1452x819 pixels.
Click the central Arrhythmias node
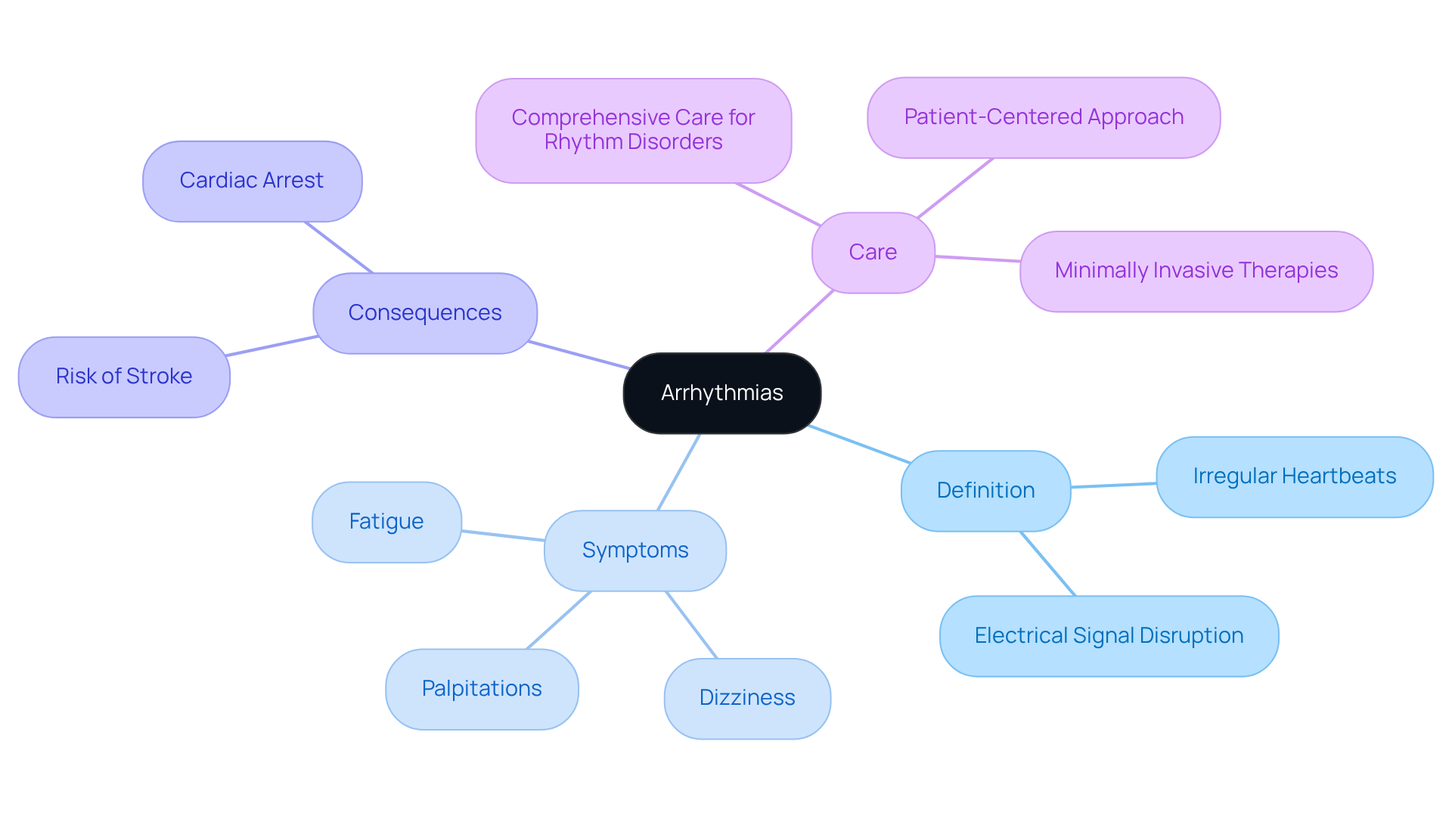pos(721,393)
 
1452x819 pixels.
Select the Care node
pos(873,253)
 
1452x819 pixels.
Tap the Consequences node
pos(424,313)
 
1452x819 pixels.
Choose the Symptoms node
pos(634,551)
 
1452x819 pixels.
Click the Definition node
pos(985,491)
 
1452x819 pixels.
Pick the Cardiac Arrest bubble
pos(252,181)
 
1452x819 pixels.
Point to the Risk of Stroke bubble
pos(124,377)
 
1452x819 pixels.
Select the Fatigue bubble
pos(386,522)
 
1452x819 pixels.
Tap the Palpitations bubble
pos(482,689)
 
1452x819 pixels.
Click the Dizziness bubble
pos(747,698)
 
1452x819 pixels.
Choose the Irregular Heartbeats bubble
pos(1294,476)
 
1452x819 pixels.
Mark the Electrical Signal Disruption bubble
pos(1109,636)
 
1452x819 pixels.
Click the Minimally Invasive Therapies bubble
pos(1196,271)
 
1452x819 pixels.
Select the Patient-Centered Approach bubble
pos(1044,117)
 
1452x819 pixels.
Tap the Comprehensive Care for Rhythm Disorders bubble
pos(633,130)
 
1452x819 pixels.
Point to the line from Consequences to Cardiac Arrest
pos(338,247)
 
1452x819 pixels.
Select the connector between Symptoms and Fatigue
pos(503,535)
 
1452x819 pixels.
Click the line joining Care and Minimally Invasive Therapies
pos(977,259)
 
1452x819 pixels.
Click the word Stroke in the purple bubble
pos(159,377)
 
